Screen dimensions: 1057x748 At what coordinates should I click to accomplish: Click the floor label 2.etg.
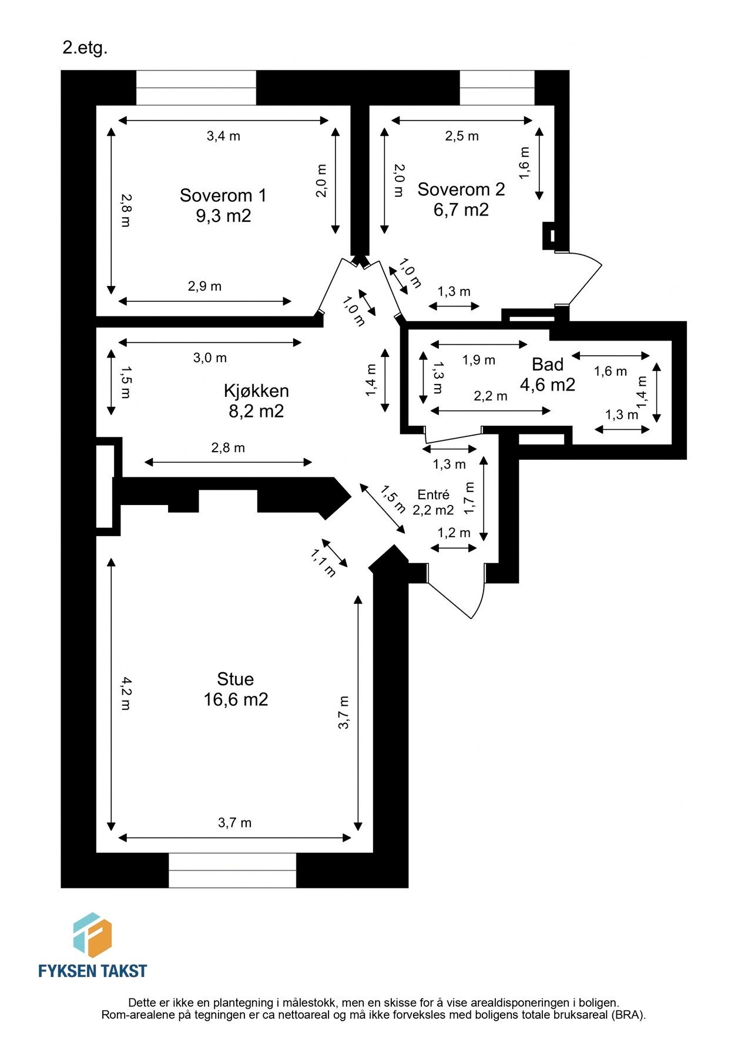coord(85,48)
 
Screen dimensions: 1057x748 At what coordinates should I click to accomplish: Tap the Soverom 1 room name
coord(223,195)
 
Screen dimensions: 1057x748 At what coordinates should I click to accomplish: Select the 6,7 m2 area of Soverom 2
coord(461,210)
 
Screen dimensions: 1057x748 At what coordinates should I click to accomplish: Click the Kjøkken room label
coord(256,391)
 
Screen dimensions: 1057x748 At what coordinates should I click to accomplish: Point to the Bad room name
coord(547,365)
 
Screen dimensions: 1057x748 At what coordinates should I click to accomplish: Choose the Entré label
coord(433,495)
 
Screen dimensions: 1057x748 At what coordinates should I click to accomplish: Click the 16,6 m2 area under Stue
coord(236,699)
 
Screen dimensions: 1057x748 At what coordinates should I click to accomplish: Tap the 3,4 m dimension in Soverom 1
coord(223,136)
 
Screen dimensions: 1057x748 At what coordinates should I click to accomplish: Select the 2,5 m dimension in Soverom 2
coord(461,136)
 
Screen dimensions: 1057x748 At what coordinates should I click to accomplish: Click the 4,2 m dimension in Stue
coord(126,694)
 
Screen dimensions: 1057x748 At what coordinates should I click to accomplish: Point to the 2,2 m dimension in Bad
coord(490,396)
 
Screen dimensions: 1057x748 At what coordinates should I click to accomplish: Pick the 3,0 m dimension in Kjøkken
coord(210,358)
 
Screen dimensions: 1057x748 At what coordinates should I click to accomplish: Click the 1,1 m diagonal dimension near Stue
coord(323,563)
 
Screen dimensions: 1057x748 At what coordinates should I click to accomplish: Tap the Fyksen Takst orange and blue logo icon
coord(92,935)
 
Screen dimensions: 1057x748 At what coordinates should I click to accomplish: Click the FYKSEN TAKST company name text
coord(92,971)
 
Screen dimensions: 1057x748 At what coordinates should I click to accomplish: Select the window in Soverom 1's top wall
coord(196,88)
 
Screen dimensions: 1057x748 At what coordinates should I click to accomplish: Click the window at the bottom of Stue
coord(232,870)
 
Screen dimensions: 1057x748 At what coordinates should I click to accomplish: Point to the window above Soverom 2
coord(497,88)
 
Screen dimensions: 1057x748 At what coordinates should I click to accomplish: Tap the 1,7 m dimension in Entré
coord(469,498)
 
